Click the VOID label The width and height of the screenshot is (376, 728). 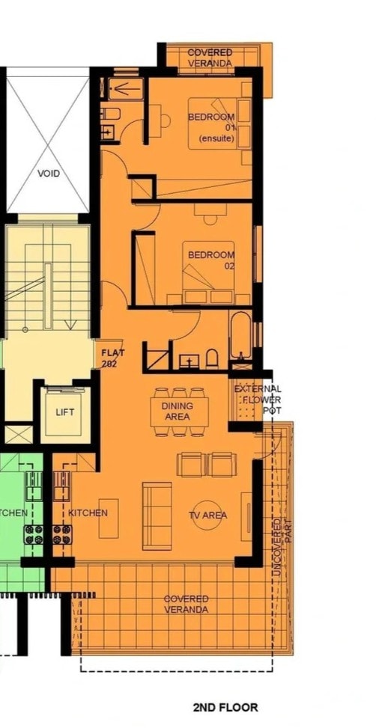[x=49, y=174]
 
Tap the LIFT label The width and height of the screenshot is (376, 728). [x=64, y=412]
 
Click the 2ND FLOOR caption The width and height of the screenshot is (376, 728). [x=225, y=708]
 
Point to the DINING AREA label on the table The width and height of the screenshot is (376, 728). [x=178, y=412]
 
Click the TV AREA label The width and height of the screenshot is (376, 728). [x=207, y=516]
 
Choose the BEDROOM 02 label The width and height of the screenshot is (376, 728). [x=211, y=260]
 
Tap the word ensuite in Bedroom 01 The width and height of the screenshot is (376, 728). [x=216, y=138]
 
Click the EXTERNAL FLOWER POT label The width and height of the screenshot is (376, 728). [x=258, y=400]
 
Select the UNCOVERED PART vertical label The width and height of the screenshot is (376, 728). [x=282, y=548]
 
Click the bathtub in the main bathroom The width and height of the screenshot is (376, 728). [x=240, y=335]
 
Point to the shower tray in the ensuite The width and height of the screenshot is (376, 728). [x=126, y=89]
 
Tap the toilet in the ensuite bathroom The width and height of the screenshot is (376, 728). [x=111, y=114]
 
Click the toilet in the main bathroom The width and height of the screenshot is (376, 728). [x=212, y=358]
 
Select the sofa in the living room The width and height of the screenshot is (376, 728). [x=157, y=516]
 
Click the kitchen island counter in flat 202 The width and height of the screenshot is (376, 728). [x=109, y=519]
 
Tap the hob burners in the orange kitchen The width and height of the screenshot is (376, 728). [x=62, y=534]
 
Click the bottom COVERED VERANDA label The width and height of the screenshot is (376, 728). [x=187, y=605]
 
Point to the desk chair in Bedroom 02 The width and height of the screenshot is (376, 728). [x=210, y=220]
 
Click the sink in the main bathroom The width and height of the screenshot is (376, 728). [x=189, y=361]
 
